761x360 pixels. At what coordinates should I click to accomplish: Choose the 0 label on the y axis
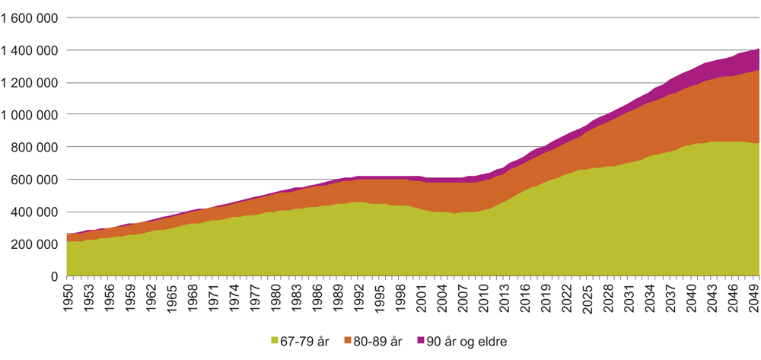pos(54,276)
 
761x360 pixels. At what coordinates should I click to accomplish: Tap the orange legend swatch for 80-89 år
pos(352,342)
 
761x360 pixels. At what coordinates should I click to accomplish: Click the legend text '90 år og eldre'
pos(475,342)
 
